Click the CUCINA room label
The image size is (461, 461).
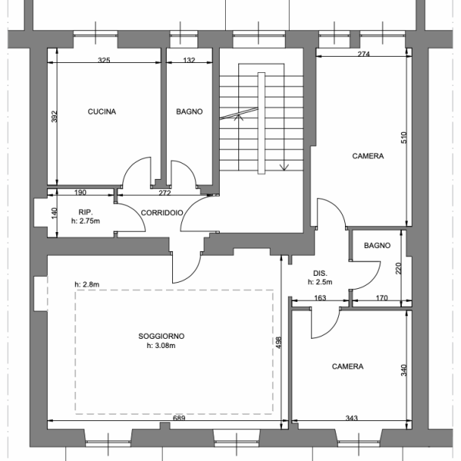[101, 111]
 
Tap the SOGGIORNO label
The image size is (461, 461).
[161, 336]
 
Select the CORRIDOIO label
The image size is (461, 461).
[162, 213]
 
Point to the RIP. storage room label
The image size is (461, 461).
[85, 212]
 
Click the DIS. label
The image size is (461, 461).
[320, 274]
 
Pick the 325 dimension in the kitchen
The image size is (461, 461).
[104, 60]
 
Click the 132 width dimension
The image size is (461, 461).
[189, 60]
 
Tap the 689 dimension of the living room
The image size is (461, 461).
[179, 418]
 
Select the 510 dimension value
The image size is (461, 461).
[404, 138]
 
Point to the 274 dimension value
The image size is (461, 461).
[363, 54]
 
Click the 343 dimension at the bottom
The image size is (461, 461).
[352, 418]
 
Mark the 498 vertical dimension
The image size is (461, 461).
[279, 343]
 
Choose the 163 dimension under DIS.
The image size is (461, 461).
[320, 298]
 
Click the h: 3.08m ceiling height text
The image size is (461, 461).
[161, 346]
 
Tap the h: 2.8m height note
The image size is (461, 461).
[87, 284]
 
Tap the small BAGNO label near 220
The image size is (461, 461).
[377, 246]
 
